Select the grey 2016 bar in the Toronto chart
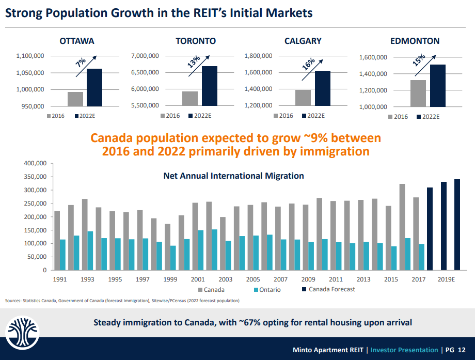pyautogui.click(x=189, y=98)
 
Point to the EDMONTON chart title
pyautogui.click(x=415, y=41)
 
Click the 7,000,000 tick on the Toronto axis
pyautogui.click(x=145, y=56)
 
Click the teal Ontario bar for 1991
pyautogui.click(x=62, y=254)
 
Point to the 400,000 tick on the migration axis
pyautogui.click(x=35, y=164)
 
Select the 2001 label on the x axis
pyautogui.click(x=198, y=279)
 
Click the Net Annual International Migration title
pyautogui.click(x=233, y=176)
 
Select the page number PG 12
pyautogui.click(x=456, y=349)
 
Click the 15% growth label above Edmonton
pyautogui.click(x=419, y=60)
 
